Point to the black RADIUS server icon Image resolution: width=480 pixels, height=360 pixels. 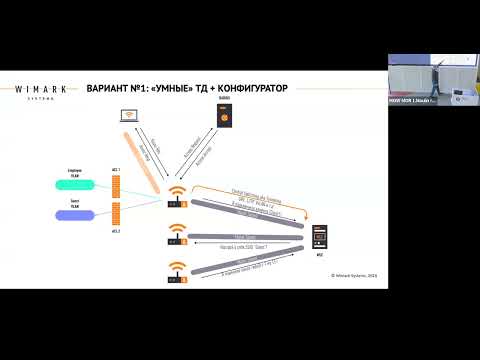point(224,117)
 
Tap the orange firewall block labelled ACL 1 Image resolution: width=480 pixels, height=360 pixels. point(117,186)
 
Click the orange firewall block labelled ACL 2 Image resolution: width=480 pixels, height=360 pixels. point(117,213)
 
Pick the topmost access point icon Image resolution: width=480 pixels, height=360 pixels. point(178,199)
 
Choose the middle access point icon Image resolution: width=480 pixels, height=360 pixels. point(178,236)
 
